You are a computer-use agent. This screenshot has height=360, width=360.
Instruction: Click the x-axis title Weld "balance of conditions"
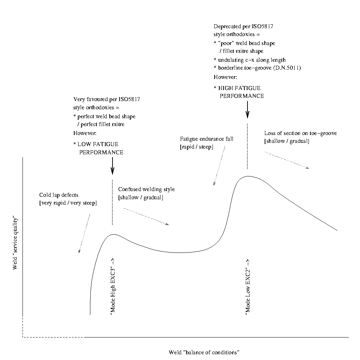204,352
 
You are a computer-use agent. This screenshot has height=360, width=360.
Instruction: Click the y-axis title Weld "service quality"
15,242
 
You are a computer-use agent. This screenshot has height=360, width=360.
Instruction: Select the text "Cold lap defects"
59,195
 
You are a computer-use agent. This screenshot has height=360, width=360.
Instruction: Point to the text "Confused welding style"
146,189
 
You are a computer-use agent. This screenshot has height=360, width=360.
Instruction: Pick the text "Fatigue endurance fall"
206,139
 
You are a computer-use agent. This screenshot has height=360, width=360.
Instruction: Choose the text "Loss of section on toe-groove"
300,133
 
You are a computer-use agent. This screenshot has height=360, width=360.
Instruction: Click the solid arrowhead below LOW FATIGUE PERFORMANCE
112,171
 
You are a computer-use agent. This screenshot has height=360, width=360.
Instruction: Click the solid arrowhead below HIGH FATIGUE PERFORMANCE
247,114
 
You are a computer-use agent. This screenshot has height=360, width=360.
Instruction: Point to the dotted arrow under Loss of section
286,160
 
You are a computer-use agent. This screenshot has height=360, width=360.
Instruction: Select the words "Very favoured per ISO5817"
106,99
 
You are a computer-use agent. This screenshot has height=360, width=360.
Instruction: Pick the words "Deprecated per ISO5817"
244,26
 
